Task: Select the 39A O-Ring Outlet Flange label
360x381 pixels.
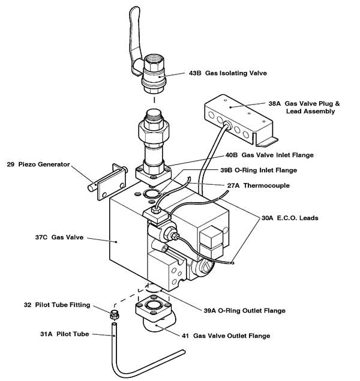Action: click(243, 311)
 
